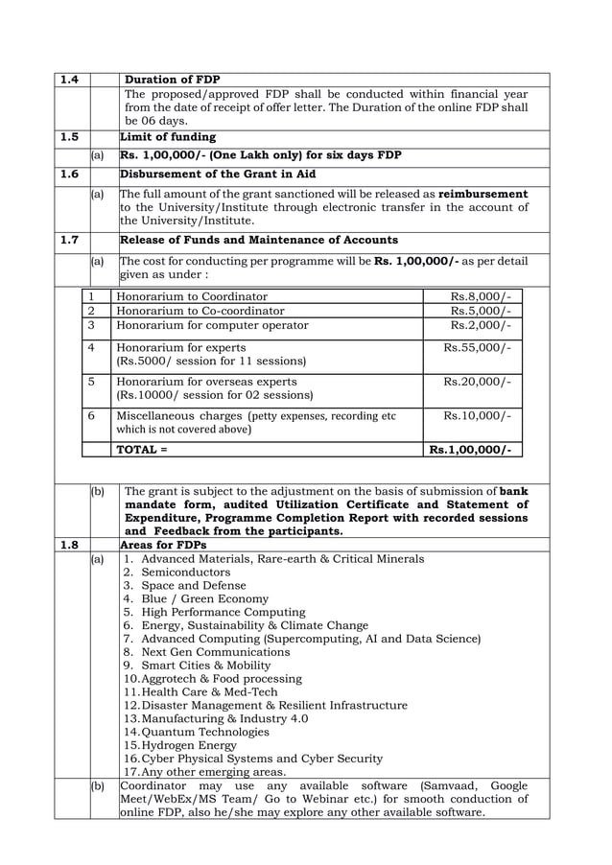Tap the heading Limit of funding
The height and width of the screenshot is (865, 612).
[168, 137]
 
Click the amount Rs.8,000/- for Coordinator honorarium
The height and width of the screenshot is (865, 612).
[480, 296]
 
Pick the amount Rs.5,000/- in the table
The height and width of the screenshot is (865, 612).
[480, 311]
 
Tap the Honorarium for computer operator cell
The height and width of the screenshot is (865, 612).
[212, 325]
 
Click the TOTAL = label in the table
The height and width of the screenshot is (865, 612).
[141, 448]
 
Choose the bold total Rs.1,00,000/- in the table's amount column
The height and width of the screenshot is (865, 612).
[470, 448]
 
